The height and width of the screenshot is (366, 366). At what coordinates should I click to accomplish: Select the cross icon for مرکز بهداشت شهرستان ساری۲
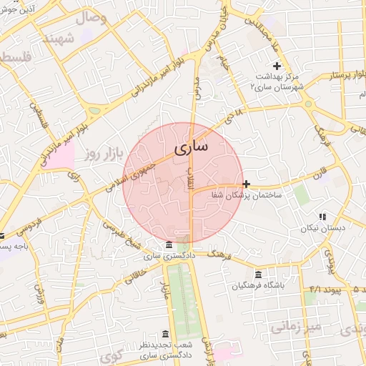tap(278, 66)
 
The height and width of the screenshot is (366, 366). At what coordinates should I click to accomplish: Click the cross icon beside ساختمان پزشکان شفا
tap(247, 184)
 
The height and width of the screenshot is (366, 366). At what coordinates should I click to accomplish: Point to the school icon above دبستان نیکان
tap(322, 216)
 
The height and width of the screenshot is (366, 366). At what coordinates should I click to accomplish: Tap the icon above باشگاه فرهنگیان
tap(258, 275)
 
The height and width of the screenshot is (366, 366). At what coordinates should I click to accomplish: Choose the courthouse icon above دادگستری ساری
tap(168, 245)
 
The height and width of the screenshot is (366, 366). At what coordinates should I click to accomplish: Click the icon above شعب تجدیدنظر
tap(165, 335)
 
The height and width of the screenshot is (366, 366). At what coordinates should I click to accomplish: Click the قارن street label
tap(319, 172)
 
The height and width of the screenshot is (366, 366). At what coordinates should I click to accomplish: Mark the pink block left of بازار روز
tap(60, 154)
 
